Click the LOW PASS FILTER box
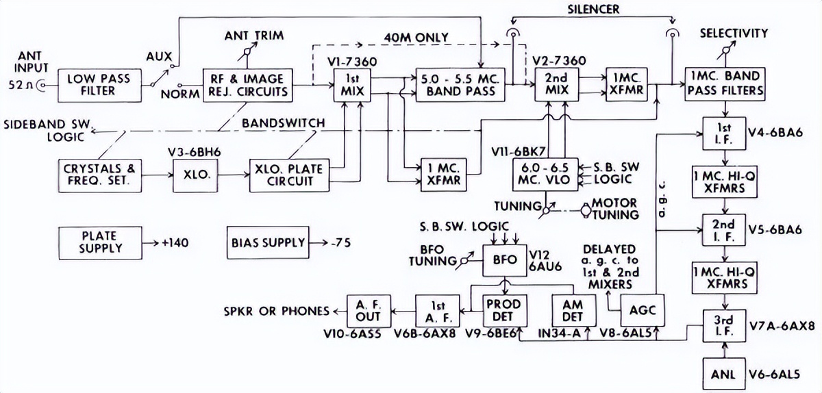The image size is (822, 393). pyautogui.click(x=95, y=85)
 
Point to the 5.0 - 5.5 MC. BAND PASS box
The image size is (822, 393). pyautogui.click(x=458, y=85)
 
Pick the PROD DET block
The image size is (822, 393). pyautogui.click(x=503, y=310)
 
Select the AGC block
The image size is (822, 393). pyautogui.click(x=641, y=310)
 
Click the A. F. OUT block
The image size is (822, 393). pyautogui.click(x=368, y=310)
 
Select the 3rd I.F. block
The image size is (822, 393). pyautogui.click(x=724, y=325)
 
